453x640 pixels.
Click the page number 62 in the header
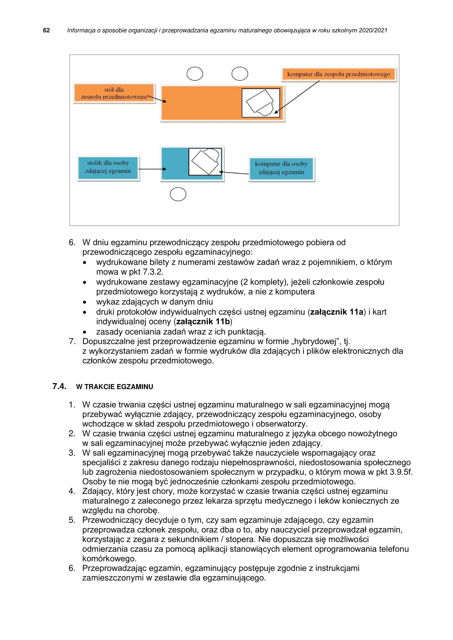click(46, 30)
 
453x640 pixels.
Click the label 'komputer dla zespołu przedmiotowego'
click(338, 74)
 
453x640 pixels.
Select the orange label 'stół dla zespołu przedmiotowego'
click(114, 93)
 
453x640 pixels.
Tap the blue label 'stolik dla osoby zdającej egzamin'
click(108, 167)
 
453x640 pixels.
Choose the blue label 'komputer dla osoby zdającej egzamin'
click(281, 168)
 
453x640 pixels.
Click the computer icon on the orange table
click(260, 103)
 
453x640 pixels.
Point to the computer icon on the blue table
click(205, 162)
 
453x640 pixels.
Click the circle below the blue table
click(178, 194)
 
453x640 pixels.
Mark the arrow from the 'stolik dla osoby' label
click(152, 169)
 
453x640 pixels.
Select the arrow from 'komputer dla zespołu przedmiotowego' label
click(297, 97)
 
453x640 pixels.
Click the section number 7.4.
click(59, 386)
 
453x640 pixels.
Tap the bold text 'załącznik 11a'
click(337, 312)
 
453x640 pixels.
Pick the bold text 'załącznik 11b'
click(203, 322)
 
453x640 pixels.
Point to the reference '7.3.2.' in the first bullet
click(153, 272)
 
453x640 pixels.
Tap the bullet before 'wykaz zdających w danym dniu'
click(85, 302)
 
